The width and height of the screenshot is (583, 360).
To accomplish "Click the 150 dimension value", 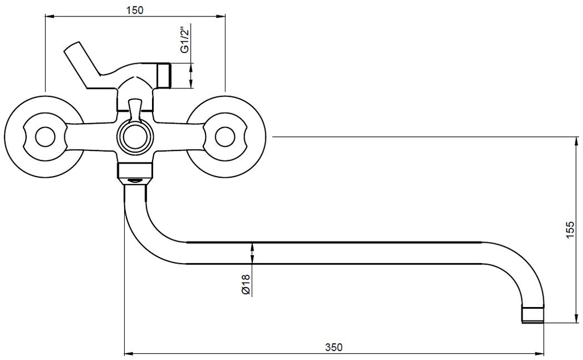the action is click(134, 10).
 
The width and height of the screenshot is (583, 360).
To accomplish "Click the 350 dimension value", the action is click(334, 347).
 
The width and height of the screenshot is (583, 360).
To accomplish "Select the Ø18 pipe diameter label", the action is click(245, 284).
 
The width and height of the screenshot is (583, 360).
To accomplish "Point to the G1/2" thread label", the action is click(184, 39).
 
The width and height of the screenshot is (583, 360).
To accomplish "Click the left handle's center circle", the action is click(45, 137).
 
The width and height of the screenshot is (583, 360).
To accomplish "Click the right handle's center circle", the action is click(225, 137).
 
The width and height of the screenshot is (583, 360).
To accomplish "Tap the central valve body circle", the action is click(135, 137).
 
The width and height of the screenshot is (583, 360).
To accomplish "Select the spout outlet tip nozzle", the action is click(533, 314).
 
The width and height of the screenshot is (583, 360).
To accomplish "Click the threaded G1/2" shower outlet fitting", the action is click(164, 76).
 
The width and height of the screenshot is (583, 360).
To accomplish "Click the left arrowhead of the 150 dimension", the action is click(49, 16).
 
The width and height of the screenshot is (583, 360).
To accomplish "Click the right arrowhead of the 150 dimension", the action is click(221, 16).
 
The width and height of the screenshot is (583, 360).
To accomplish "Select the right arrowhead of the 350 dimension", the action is click(540, 353).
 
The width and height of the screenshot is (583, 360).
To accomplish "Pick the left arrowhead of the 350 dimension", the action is click(128, 353).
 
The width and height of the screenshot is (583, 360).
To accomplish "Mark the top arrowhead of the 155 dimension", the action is click(577, 141).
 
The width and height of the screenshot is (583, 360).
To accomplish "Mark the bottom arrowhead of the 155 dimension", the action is click(577, 318).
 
